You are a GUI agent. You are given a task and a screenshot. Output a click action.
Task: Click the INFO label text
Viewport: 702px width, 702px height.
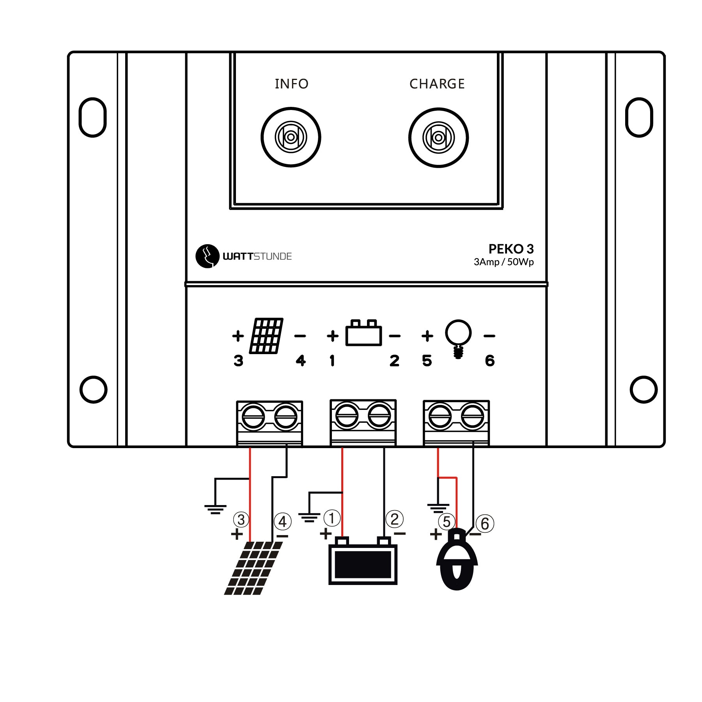coord(291,84)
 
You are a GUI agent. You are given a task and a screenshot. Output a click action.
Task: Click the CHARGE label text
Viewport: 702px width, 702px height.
coord(437,84)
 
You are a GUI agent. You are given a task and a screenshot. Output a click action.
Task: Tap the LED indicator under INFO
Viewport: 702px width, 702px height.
coord(291,137)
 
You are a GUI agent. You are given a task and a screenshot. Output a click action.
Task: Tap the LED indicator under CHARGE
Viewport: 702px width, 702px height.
coord(438,138)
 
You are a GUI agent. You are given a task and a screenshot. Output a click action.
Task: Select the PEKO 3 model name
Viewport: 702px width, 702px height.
coord(511,249)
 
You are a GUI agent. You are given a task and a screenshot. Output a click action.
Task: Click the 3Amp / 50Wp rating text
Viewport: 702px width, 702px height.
coord(503,262)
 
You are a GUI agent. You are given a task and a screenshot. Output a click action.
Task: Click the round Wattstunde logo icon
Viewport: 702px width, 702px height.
coord(207,256)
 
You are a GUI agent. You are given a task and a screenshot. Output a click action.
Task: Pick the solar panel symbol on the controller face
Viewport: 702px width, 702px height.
coord(266,336)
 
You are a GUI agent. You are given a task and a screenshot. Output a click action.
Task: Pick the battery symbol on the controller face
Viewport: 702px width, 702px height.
coord(363,333)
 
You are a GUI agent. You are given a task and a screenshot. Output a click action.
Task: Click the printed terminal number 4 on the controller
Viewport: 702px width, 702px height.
coord(301,361)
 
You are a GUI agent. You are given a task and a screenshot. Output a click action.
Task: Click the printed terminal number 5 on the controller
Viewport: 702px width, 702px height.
coord(427,361)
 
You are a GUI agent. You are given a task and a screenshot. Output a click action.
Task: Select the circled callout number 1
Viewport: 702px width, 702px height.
coord(332,518)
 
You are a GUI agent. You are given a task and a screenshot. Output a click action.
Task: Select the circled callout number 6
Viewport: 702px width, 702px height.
coord(485,524)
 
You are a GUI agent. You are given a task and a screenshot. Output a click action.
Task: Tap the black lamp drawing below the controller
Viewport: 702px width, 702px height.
coord(457,562)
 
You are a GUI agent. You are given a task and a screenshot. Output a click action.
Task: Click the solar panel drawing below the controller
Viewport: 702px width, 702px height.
coord(253,567)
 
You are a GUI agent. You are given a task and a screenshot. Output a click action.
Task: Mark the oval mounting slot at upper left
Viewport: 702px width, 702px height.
coord(92,117)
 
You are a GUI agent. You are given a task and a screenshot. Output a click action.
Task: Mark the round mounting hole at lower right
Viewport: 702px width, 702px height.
coord(643,389)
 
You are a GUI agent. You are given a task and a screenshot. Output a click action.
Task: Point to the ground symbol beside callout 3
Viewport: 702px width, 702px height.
coord(215,509)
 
